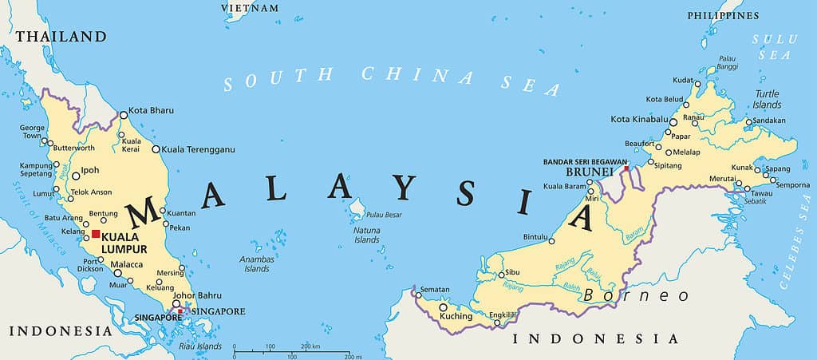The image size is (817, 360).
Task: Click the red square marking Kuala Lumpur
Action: tap(96, 234)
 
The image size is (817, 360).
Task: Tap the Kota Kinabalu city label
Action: tap(638, 120)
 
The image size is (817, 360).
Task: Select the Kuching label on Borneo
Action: tap(456, 316)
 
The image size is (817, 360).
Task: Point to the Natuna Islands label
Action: tap(367, 235)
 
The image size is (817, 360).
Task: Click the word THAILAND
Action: tap(61, 37)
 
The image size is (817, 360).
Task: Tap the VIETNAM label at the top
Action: tap(251, 8)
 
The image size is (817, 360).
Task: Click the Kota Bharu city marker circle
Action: tap(124, 115)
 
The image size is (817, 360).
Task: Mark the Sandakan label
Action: tap(769, 121)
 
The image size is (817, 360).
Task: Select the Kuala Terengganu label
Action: tap(199, 149)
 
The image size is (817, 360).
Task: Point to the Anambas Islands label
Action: tap(257, 264)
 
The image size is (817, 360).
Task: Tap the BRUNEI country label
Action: tap(589, 172)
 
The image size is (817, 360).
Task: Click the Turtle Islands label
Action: tap(767, 99)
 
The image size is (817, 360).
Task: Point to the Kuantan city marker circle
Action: tap(163, 212)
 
